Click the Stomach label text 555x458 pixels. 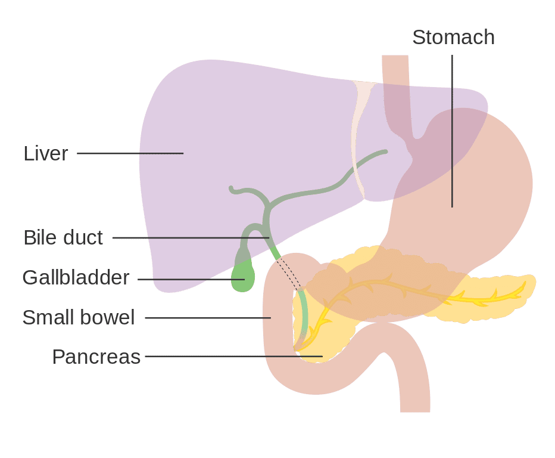coord(453,37)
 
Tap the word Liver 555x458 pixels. coord(46,153)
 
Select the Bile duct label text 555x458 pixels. coord(63,237)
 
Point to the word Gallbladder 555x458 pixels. coord(76,277)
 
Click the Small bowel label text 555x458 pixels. coord(79,317)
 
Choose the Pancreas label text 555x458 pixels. coord(96,357)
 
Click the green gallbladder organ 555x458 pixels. coord(243,275)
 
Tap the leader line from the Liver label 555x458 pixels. coord(130,153)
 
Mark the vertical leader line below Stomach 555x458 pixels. coord(452,131)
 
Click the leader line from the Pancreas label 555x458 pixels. coord(234,356)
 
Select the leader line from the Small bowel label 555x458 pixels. coord(208,318)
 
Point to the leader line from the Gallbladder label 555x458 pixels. coord(191,279)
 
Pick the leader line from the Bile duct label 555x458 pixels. coord(191,237)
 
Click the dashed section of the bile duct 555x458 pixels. coord(289,274)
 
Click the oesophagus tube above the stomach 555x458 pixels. coord(396,92)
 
